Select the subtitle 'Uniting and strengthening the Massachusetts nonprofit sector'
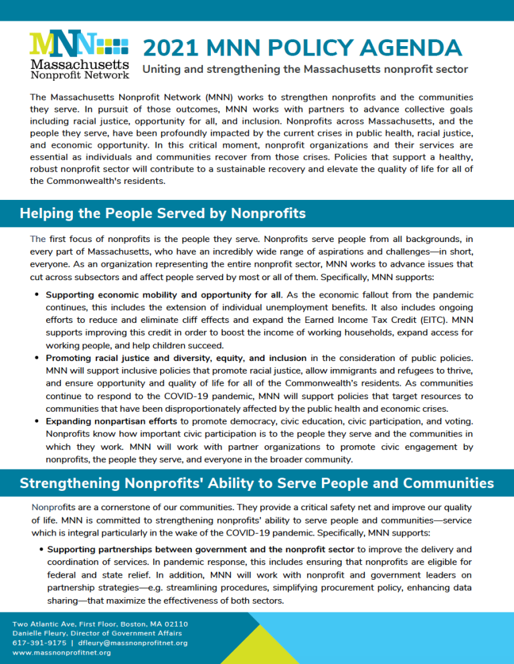click(305, 70)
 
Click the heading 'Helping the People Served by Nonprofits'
click(163, 213)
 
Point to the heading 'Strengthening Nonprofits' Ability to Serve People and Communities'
click(257, 483)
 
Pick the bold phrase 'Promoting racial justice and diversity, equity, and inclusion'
click(175, 358)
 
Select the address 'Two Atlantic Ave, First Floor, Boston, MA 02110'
click(100, 624)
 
